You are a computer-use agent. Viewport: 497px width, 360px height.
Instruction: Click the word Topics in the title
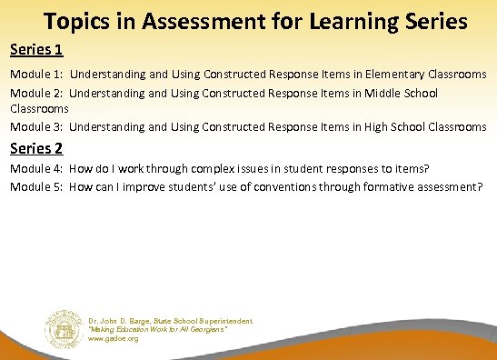coord(75,19)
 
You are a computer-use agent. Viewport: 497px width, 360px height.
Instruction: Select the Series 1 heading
coord(35,47)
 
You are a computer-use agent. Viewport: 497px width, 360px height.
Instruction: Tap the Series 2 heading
coord(35,147)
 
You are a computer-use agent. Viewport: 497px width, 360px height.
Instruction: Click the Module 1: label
coord(36,73)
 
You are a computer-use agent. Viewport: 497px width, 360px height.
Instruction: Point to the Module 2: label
coord(36,93)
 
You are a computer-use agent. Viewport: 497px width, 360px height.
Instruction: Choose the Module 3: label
coord(36,126)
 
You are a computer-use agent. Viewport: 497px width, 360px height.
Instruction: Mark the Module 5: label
coord(36,186)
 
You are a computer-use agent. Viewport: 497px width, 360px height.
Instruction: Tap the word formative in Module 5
coord(391,186)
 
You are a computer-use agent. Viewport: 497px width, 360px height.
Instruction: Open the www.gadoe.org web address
coord(113,338)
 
